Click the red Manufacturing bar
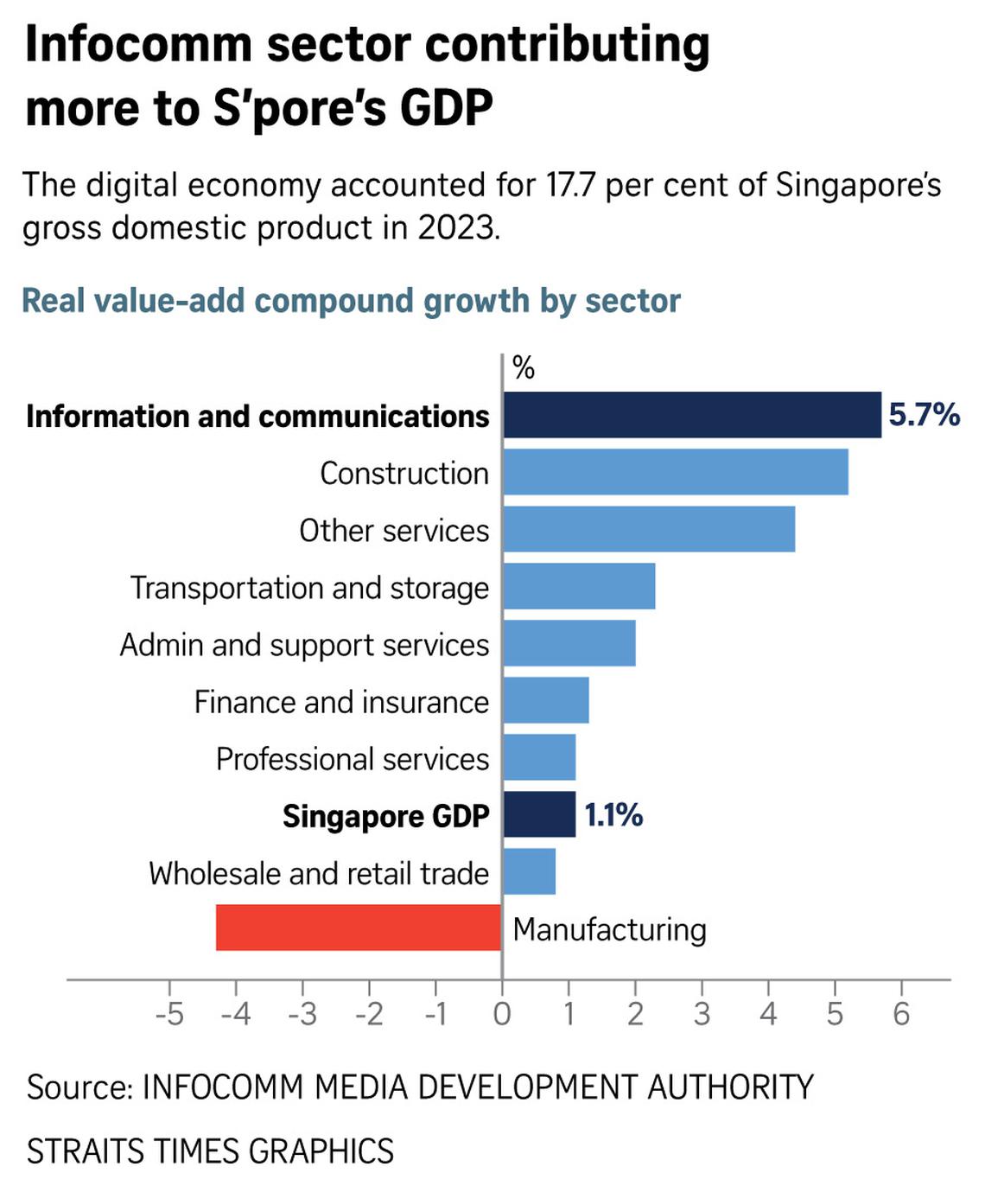pos(359,928)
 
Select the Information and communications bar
pos(691,415)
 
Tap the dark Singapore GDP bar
pos(539,814)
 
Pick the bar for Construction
pos(675,472)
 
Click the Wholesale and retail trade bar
pos(529,871)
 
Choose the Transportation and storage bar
pos(579,586)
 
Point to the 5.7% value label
pos(924,415)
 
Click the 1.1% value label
pos(613,814)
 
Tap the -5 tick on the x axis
pos(169,1013)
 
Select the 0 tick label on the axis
pos(502,1013)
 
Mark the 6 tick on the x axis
pos(901,1013)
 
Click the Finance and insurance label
pos(341,702)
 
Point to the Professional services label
pos(353,759)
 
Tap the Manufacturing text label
pos(609,929)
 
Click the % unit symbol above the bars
pos(524,368)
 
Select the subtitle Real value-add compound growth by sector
pos(351,301)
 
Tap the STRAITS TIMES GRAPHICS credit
pos(210,1151)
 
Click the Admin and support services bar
pos(569,643)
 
